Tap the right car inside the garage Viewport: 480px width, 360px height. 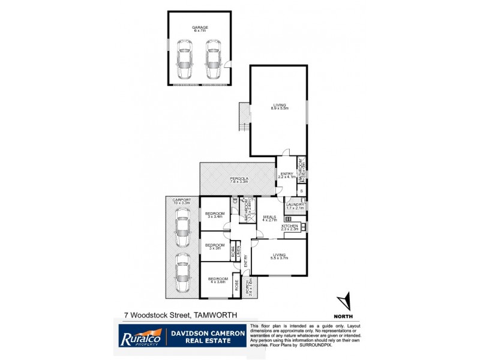[213, 59]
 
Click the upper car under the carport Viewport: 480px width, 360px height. [182, 228]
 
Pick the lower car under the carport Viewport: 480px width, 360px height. [182, 274]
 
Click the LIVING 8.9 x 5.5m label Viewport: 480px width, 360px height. [278, 107]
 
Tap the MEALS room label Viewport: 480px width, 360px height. [269, 218]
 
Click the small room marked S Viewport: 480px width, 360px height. [301, 191]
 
